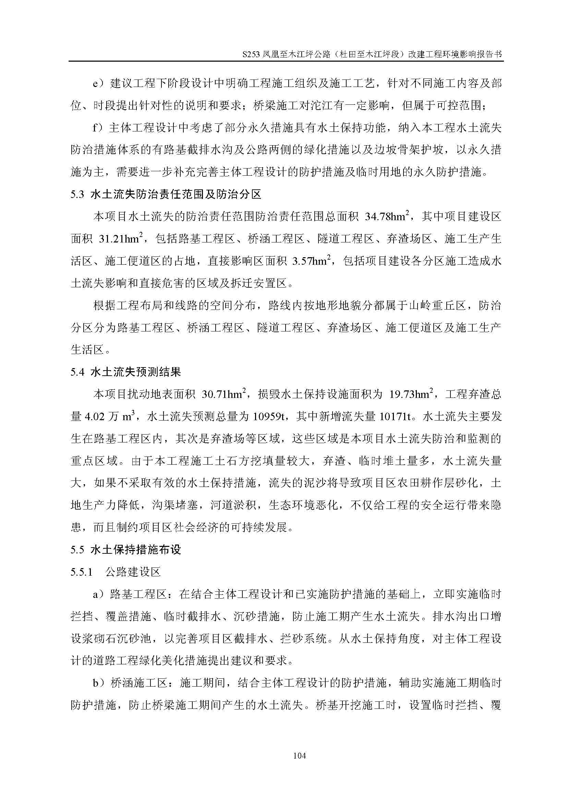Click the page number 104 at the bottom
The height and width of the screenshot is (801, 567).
click(300, 756)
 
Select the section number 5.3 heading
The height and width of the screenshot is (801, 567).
click(77, 195)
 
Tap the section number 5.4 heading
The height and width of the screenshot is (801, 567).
click(77, 372)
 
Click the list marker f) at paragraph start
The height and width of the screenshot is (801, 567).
click(98, 128)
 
